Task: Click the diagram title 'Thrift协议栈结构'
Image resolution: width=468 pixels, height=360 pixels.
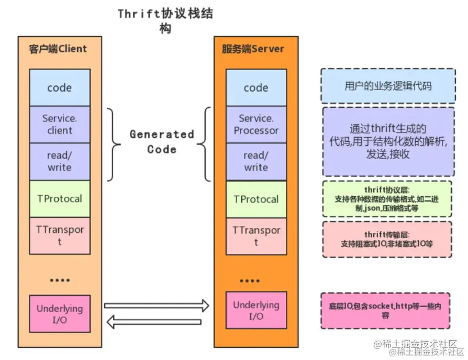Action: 165,20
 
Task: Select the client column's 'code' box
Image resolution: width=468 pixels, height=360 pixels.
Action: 60,87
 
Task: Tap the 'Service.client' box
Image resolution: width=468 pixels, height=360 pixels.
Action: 60,125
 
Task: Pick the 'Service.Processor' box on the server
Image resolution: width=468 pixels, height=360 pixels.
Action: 256,125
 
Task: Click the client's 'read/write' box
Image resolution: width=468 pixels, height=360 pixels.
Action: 60,162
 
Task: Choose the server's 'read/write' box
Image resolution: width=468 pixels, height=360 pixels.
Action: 256,162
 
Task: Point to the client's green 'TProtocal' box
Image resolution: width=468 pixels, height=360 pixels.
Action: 60,199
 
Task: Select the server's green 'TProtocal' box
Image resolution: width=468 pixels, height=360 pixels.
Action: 256,199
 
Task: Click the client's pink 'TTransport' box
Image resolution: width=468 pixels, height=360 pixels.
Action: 60,236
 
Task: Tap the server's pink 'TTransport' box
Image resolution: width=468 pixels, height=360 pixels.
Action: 256,236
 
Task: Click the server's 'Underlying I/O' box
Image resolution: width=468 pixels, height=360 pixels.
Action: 256,311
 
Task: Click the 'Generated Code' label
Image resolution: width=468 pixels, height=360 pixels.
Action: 162,141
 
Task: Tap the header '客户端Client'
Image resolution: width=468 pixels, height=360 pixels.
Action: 58,49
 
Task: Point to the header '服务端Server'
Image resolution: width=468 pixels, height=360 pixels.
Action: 253,49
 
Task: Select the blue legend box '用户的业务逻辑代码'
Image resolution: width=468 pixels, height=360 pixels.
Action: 388,86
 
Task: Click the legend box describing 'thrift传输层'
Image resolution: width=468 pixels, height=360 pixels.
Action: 387,239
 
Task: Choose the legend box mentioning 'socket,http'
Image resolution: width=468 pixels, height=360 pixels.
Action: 385,311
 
